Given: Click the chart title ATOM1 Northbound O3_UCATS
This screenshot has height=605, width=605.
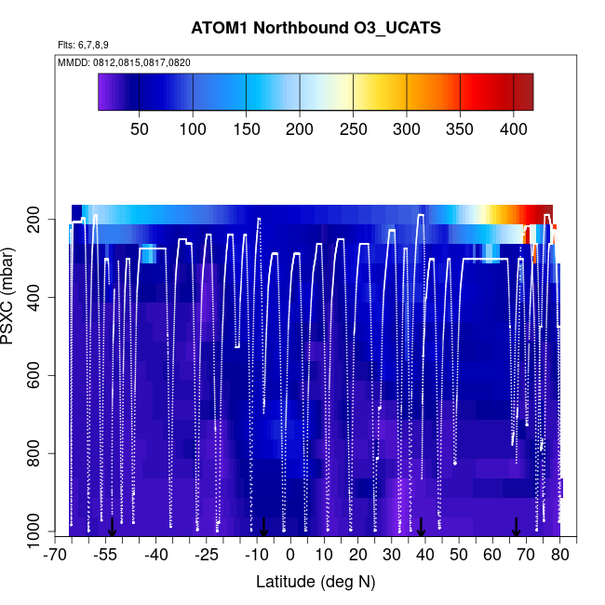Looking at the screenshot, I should pyautogui.click(x=316, y=29).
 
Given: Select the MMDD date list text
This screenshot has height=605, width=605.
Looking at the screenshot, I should pyautogui.click(x=125, y=61).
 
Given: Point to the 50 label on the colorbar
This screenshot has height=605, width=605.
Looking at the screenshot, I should pyautogui.click(x=139, y=128).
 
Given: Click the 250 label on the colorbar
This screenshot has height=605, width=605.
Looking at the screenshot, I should pyautogui.click(x=353, y=128).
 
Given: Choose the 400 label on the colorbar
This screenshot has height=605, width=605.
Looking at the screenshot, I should pyautogui.click(x=514, y=128).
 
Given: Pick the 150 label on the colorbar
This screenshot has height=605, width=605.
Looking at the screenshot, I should pyautogui.click(x=246, y=128).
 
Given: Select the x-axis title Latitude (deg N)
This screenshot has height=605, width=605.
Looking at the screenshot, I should pyautogui.click(x=316, y=582).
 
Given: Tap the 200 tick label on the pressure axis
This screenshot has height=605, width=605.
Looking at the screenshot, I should pyautogui.click(x=39, y=220).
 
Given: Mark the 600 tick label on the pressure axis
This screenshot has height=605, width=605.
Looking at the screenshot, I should pyautogui.click(x=39, y=376).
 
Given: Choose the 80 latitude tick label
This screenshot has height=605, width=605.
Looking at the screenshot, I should pyautogui.click(x=559, y=556).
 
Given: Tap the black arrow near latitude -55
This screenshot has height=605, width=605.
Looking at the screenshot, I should pyautogui.click(x=112, y=528).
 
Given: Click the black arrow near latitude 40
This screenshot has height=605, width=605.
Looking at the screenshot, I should pyautogui.click(x=422, y=528).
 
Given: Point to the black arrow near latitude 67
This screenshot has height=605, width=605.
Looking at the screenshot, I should pyautogui.click(x=516, y=528).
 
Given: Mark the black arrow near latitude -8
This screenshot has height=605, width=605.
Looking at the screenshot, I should pyautogui.click(x=263, y=528).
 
